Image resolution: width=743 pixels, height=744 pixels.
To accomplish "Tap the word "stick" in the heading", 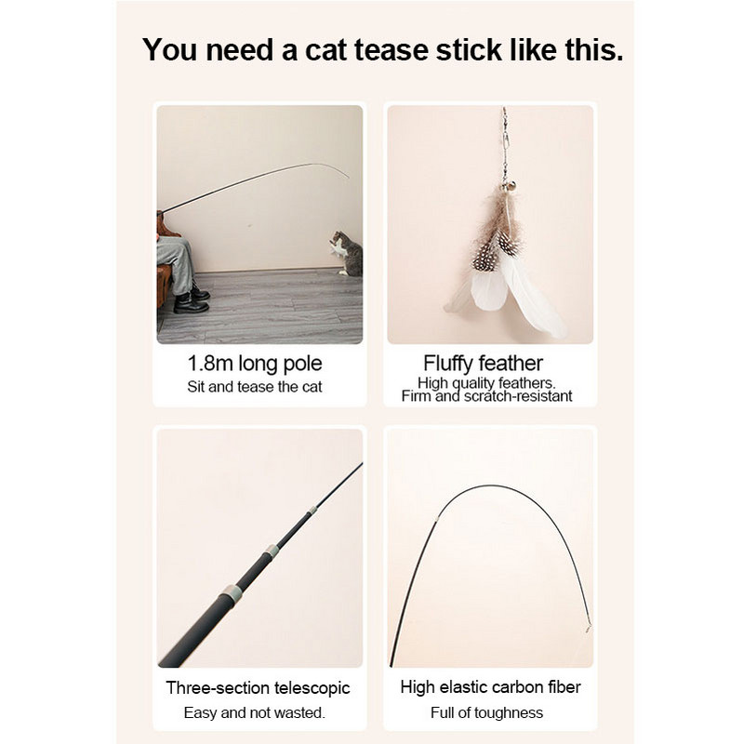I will tap(476, 49).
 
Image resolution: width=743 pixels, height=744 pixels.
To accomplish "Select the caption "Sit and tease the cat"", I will tap(254, 386).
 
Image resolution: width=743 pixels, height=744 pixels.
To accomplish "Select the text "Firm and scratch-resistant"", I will tap(486, 396).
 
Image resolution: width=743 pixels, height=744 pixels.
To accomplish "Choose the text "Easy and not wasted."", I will tap(254, 712).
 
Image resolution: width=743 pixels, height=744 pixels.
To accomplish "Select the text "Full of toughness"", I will tap(487, 712).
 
